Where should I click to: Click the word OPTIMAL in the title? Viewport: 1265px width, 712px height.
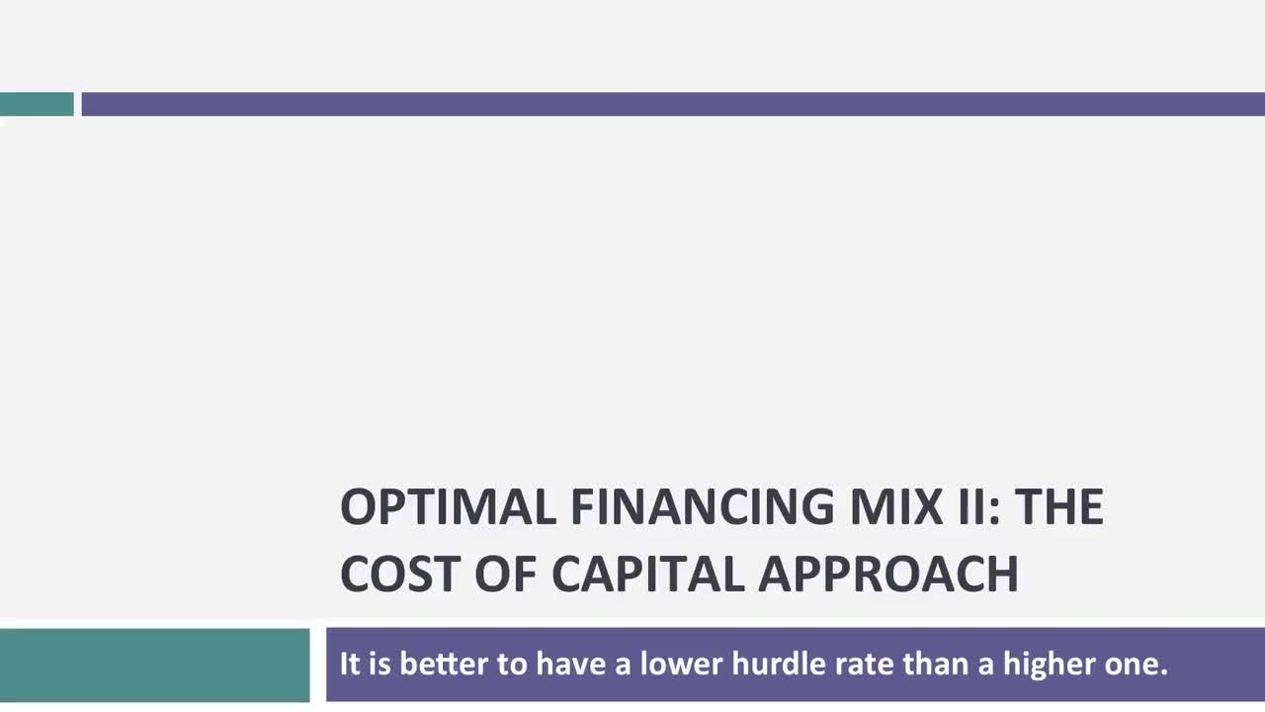click(448, 507)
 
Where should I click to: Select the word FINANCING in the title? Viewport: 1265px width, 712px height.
click(702, 507)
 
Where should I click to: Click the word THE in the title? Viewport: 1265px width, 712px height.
click(1058, 507)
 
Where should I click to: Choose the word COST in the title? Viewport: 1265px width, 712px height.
click(400, 574)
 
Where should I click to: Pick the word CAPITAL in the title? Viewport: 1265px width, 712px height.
click(646, 574)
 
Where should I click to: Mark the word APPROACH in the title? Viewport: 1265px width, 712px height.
click(888, 574)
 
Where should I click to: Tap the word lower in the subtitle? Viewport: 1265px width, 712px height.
click(680, 664)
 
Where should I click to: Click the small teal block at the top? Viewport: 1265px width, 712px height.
click(37, 104)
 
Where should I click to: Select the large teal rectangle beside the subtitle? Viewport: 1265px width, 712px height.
click(154, 665)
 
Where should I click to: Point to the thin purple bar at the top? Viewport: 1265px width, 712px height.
click(672, 104)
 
